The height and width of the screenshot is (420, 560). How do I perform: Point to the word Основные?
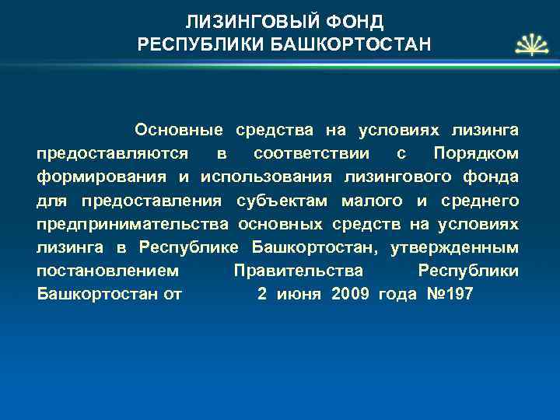[178, 127]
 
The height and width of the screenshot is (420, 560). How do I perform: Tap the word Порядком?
[476, 152]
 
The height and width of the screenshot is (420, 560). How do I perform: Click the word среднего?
[479, 201]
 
